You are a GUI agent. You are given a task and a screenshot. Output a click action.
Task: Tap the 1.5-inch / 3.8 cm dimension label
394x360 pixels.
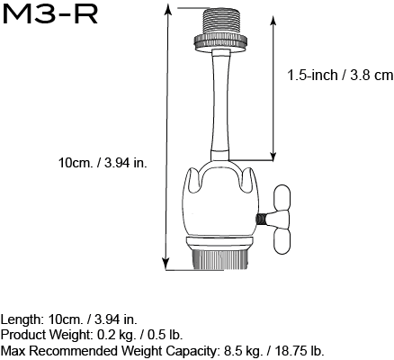point(340,76)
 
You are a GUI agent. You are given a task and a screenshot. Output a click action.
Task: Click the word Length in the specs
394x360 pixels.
point(20,319)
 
